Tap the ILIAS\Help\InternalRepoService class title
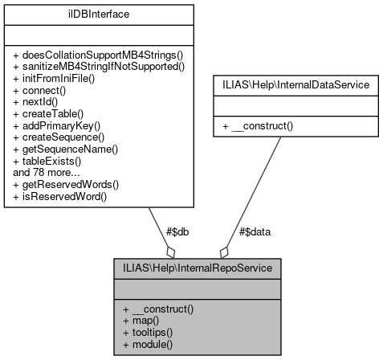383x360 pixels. (196, 268)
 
